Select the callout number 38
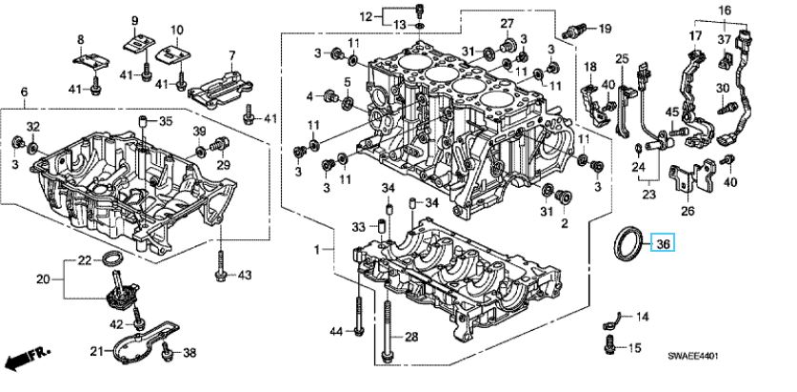coord(189,354)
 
